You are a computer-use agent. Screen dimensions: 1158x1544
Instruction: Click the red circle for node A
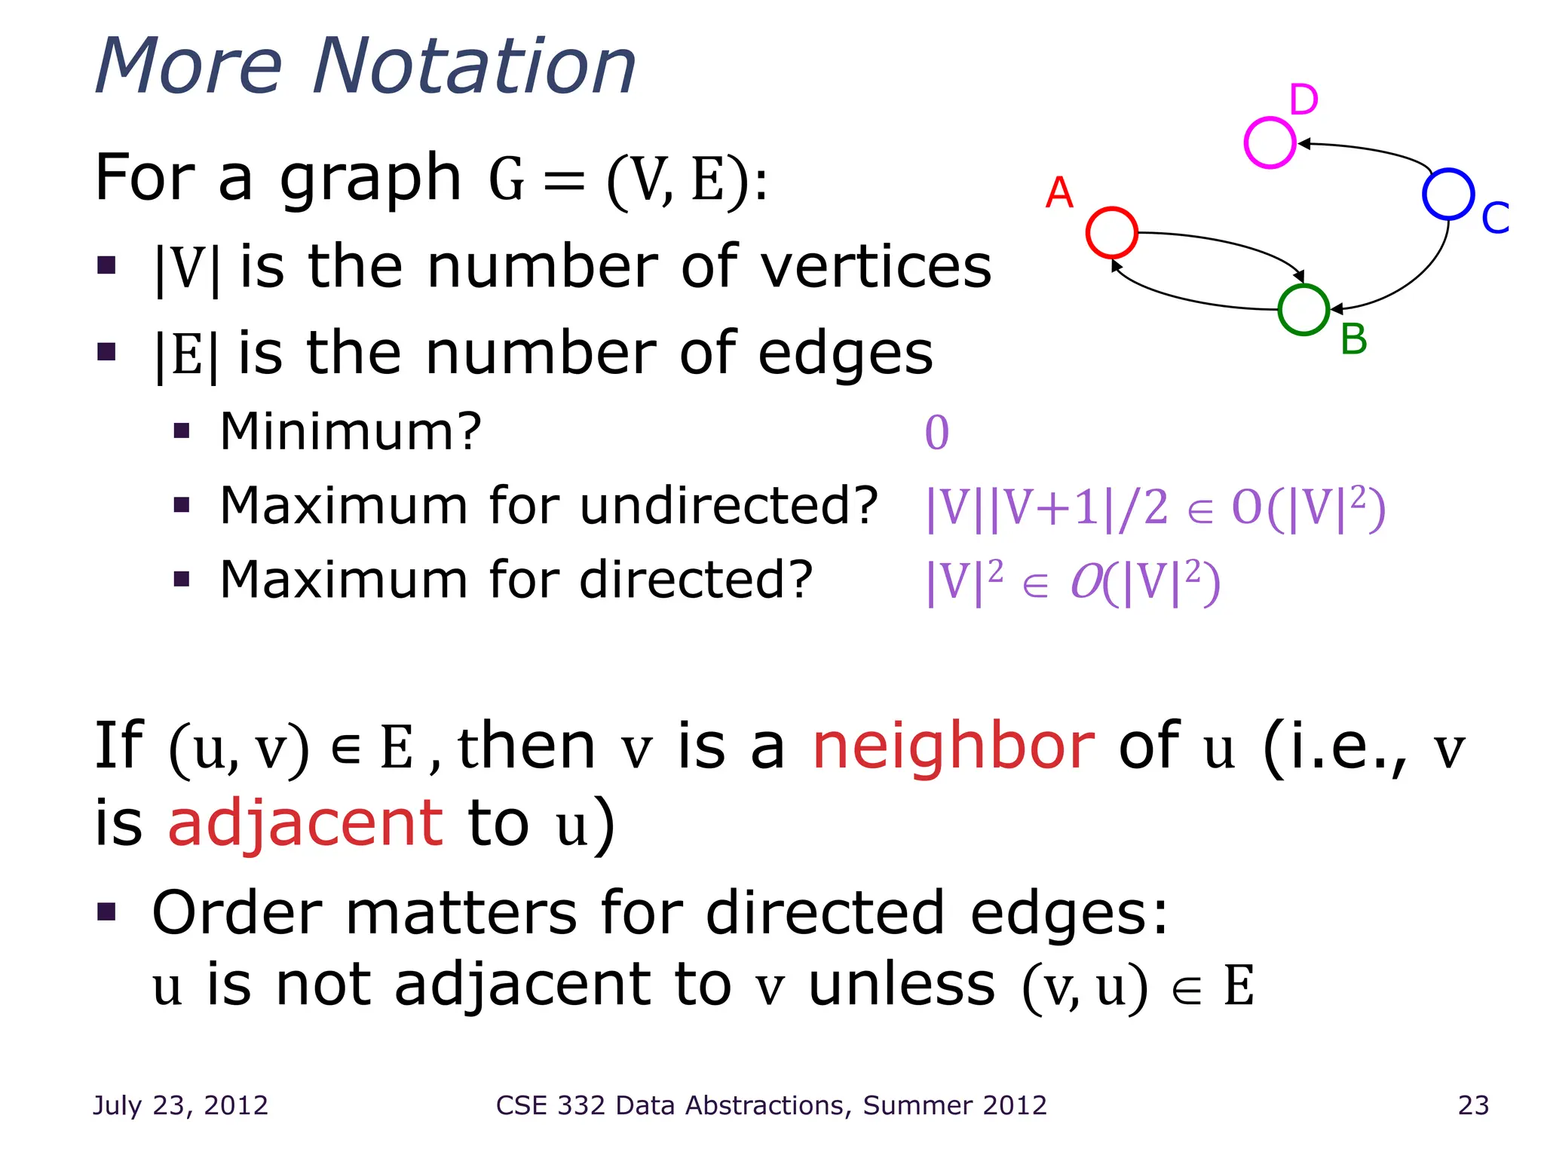tap(1111, 232)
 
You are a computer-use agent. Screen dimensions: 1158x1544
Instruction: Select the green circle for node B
tap(1304, 310)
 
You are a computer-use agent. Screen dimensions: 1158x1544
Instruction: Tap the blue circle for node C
tap(1448, 195)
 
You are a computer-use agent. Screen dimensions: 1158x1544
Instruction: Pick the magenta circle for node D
tap(1270, 142)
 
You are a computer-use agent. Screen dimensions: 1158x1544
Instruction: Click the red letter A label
tap(1059, 193)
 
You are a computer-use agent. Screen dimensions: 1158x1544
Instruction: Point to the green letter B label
tap(1354, 339)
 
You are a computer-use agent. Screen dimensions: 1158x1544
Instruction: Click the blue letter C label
tap(1495, 218)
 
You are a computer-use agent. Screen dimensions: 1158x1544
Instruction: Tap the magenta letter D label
tap(1304, 100)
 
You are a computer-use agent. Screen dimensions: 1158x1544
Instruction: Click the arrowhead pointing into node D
tap(1304, 143)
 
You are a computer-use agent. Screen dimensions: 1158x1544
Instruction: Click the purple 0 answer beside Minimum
tap(937, 433)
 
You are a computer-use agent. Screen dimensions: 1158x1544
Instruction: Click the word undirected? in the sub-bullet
tap(729, 506)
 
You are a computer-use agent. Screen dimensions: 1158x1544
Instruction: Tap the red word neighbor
tap(953, 746)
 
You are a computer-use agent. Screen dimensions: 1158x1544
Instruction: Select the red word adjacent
tap(305, 823)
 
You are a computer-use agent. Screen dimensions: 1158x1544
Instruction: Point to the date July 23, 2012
tap(180, 1105)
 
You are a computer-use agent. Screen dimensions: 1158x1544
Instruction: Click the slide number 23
tap(1473, 1105)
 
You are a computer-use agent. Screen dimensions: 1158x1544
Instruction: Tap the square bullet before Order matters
tap(106, 912)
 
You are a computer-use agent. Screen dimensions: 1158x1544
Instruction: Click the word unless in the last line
tap(902, 985)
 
